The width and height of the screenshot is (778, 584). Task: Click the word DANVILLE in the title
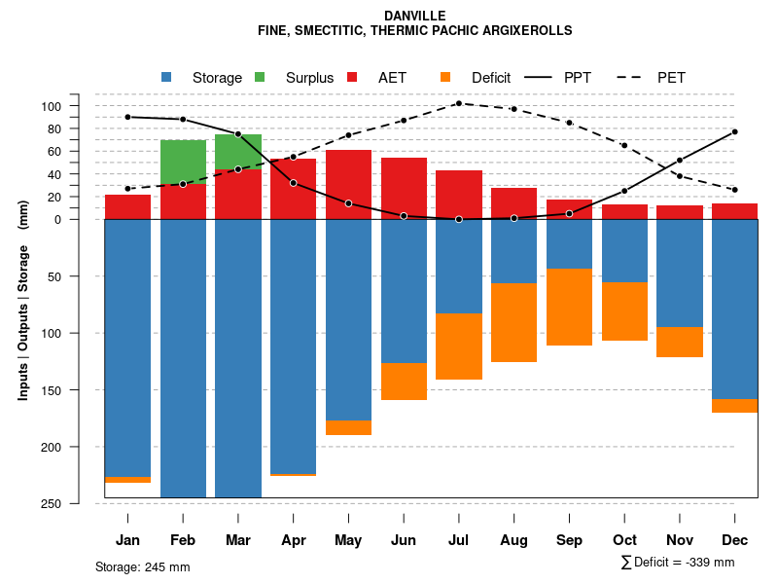click(x=414, y=16)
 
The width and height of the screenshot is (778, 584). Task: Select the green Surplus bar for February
click(x=183, y=162)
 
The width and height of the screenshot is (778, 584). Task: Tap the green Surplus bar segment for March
click(x=238, y=151)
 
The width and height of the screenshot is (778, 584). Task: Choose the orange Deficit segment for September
click(x=569, y=307)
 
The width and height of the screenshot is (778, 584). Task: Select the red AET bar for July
click(x=459, y=195)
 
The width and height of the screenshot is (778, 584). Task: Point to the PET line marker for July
click(x=458, y=103)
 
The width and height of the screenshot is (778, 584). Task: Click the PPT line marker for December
click(x=734, y=131)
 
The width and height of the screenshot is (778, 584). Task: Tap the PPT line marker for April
click(x=293, y=183)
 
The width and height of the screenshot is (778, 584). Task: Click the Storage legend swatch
click(x=166, y=77)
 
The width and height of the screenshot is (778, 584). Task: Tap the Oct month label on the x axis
click(x=624, y=540)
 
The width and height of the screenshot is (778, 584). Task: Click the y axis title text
click(x=23, y=300)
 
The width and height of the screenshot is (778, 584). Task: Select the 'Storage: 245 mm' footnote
click(x=143, y=566)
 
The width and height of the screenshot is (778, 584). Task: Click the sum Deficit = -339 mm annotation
click(x=677, y=563)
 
